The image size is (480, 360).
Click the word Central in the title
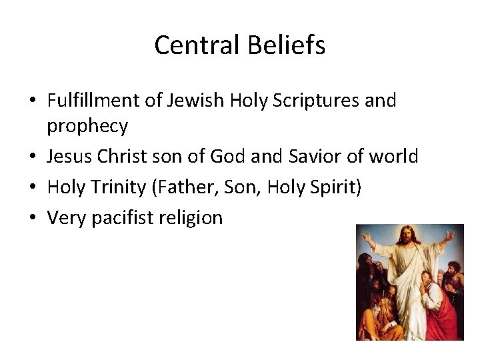coord(191,45)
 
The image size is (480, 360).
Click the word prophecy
coord(87,125)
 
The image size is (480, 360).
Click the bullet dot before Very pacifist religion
coord(33,217)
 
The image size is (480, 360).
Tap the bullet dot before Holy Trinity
coord(33,187)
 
